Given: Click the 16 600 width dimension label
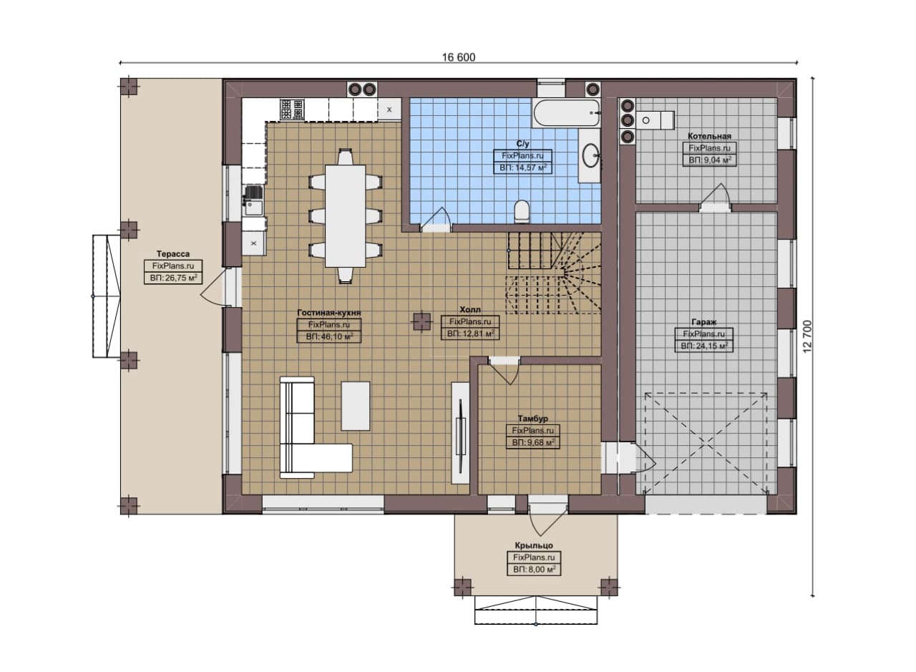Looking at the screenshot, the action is coord(459,57).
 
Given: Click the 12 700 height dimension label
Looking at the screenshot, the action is coord(807,336).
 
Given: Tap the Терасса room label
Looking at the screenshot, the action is coord(173,254).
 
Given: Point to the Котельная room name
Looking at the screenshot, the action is coord(709,136).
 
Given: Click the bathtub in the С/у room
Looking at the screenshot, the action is coord(566,112).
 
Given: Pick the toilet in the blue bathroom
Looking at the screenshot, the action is coord(522,211).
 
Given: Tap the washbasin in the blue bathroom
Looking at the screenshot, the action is coord(591,155).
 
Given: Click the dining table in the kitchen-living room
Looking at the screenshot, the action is coord(345,215).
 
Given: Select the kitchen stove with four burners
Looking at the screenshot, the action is coord(291,109).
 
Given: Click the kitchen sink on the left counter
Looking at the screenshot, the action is coord(254,200).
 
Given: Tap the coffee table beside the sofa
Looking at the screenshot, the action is coord(356,406).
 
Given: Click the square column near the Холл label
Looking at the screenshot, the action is coord(422,321).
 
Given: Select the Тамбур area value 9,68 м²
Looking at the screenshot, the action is coord(533,442).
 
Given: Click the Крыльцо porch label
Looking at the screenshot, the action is coord(534,545).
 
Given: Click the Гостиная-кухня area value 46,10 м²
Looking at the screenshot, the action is coord(328,337).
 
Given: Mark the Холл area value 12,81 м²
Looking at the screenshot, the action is coord(470,333).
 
